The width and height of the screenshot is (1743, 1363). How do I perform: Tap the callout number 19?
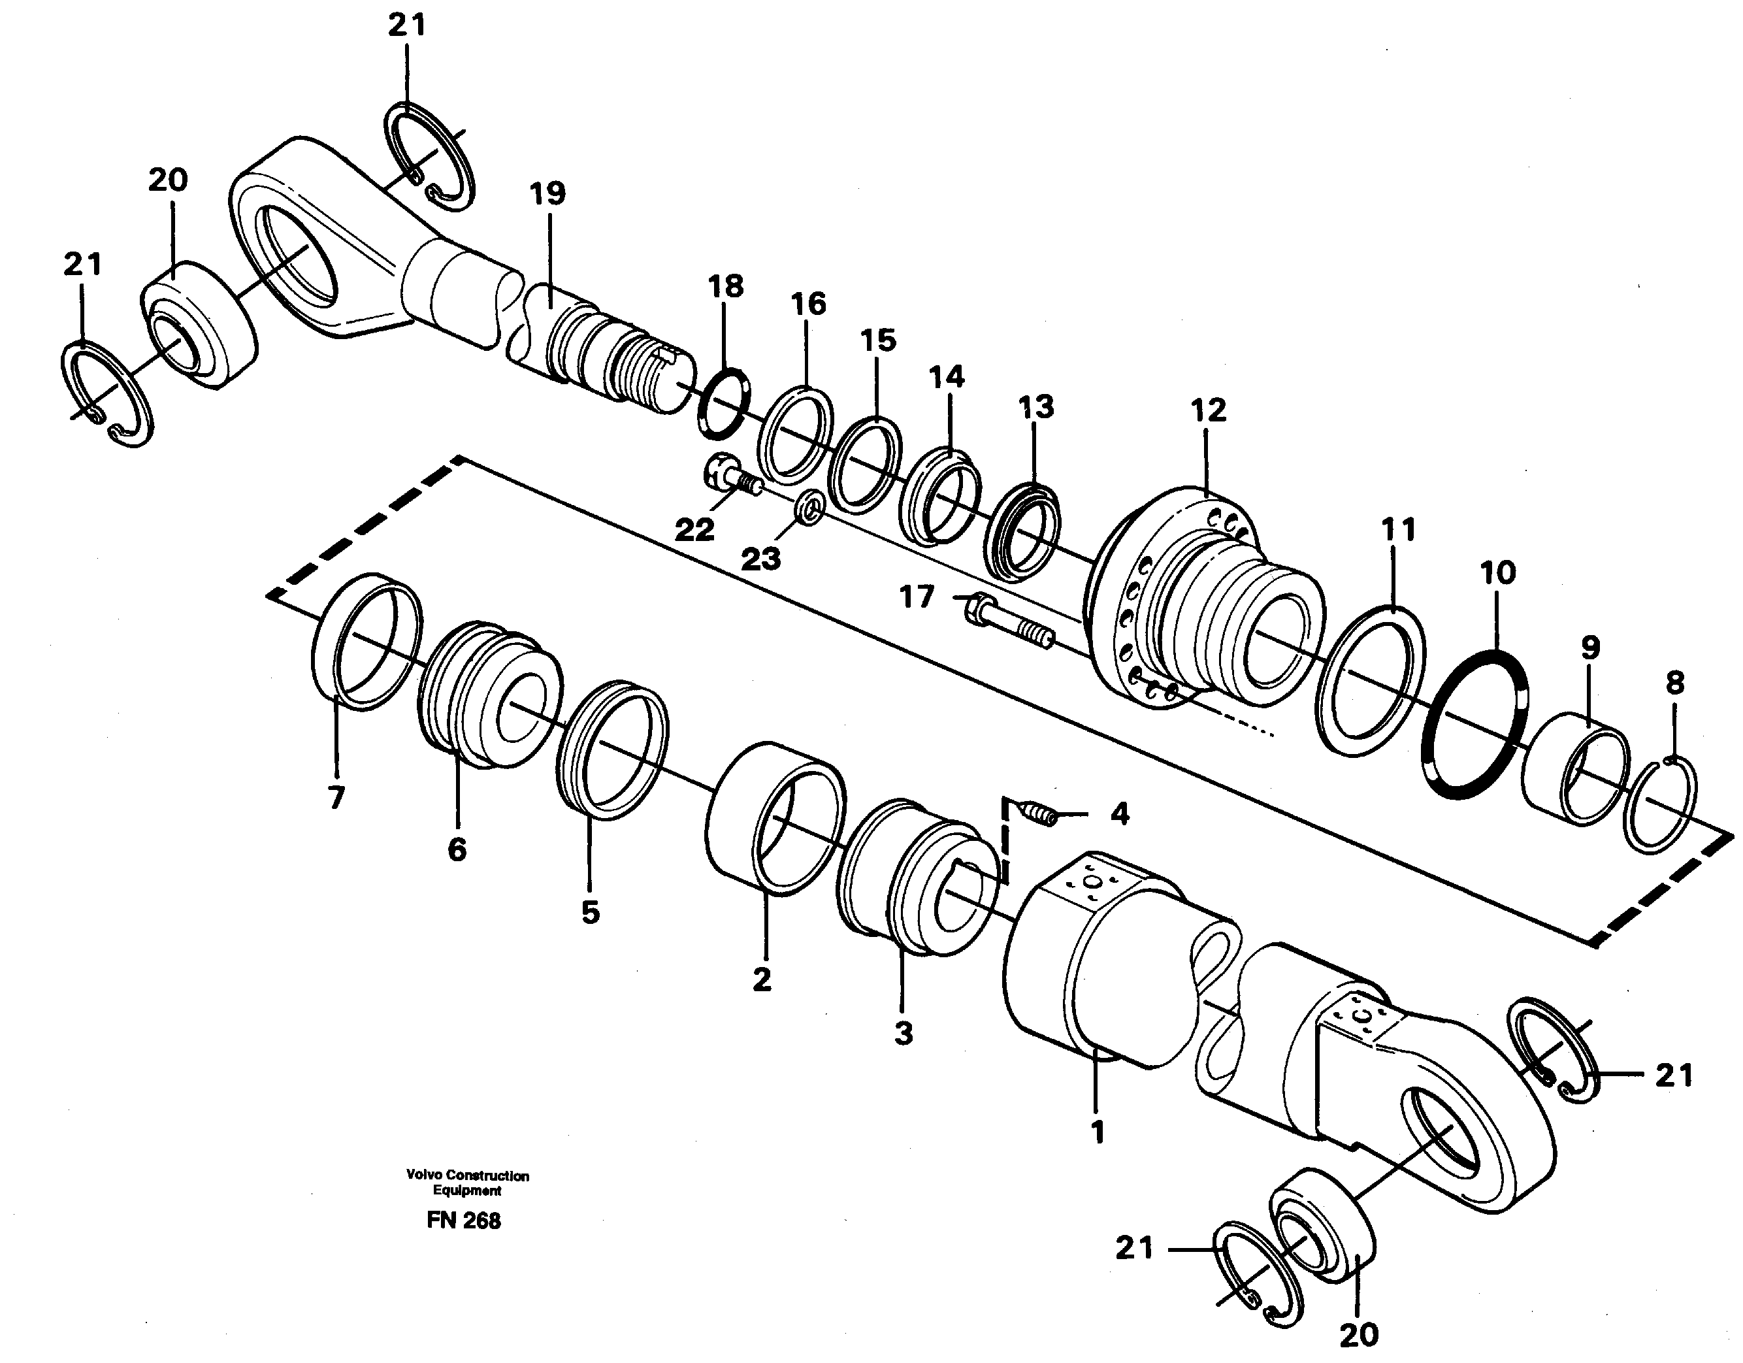coord(547,194)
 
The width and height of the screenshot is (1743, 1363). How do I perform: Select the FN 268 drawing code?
coord(464,1222)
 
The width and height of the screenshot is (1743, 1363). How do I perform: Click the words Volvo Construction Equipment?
coord(467,1183)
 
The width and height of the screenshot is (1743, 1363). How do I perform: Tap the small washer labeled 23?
coord(813,508)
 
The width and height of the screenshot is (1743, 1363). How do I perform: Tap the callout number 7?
coord(336,797)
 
